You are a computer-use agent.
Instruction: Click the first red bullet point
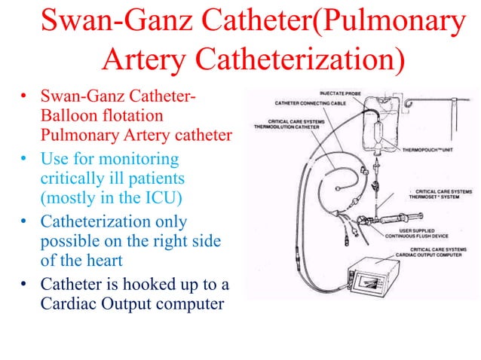24,97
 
